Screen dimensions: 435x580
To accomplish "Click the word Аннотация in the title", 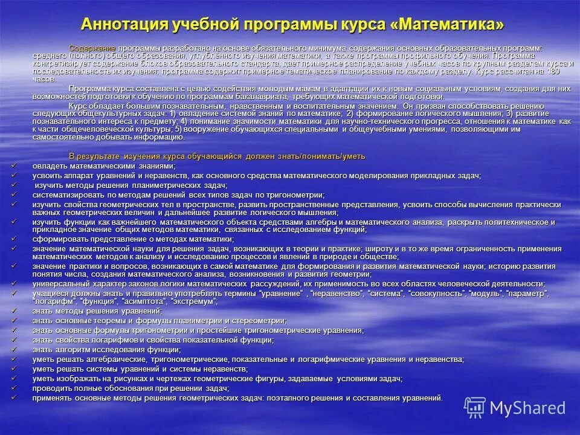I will [124, 25].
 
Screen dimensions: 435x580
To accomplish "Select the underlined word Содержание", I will [92, 48].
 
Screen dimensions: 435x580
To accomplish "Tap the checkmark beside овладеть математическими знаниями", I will [14, 165].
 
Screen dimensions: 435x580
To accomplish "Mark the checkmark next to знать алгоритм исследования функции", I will [14, 349].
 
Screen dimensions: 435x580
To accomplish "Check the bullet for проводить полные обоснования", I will [14, 388].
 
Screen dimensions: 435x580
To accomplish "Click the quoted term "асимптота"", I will [144, 301].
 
